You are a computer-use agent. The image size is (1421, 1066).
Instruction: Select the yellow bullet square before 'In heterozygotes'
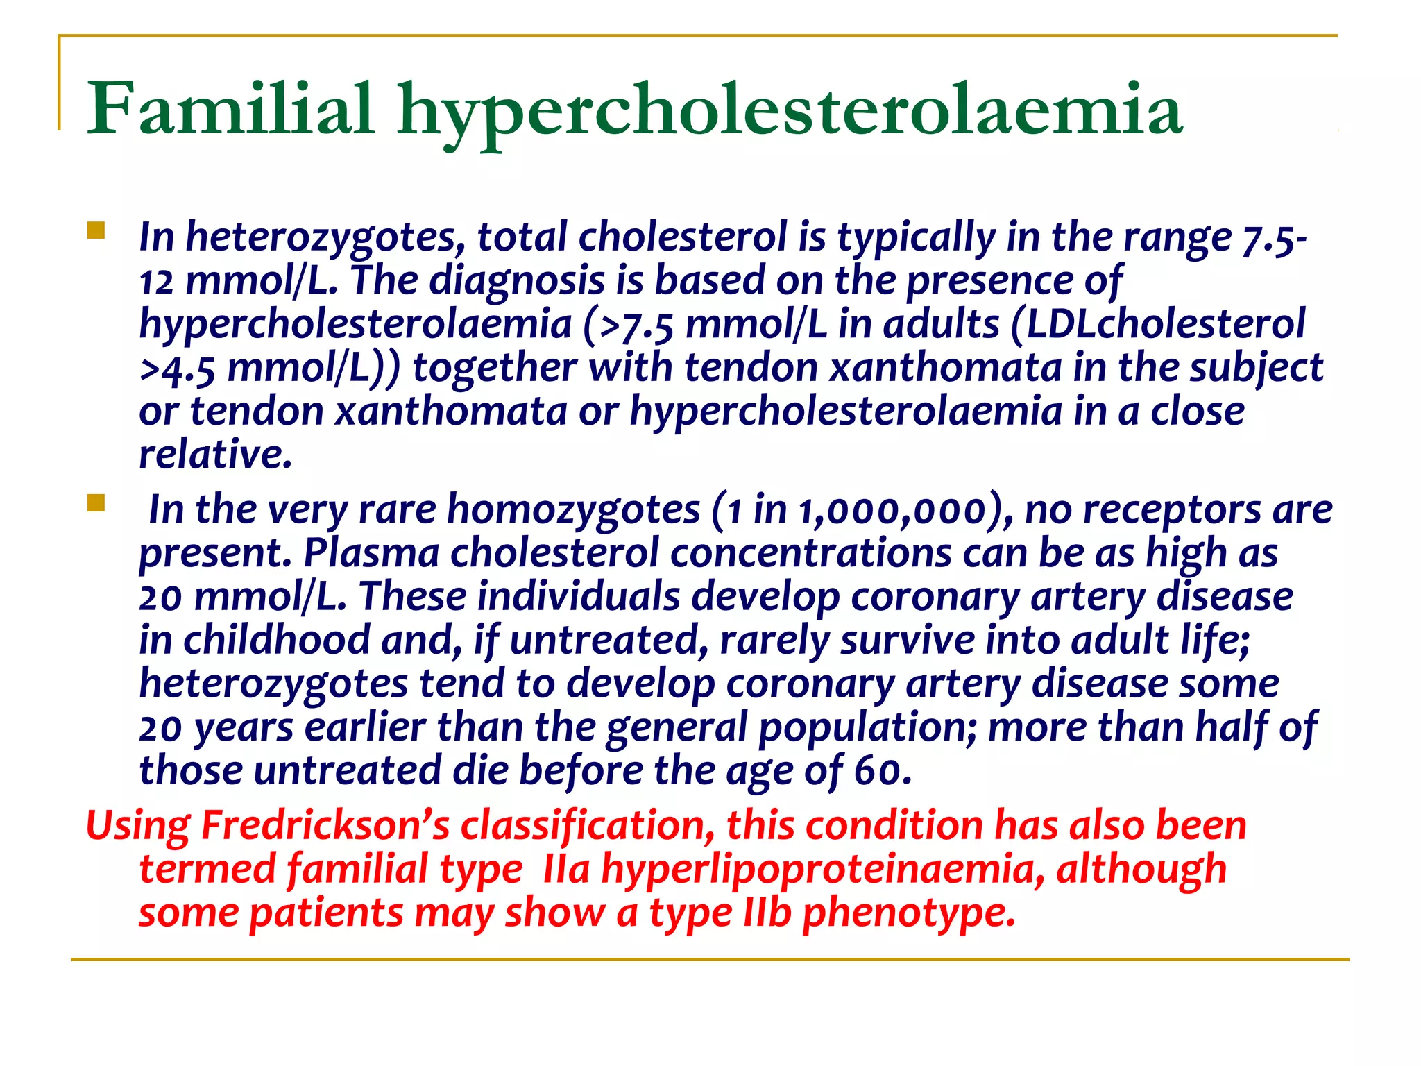pos(96,230)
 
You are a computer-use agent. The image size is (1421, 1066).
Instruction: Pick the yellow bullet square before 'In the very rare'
pos(96,502)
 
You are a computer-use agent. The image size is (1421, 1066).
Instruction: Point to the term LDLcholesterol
pos(1166,324)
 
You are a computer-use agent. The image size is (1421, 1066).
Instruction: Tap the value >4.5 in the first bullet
pos(178,369)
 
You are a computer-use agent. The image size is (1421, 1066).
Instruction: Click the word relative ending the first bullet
pos(215,455)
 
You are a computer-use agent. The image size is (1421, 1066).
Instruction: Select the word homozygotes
pos(573,509)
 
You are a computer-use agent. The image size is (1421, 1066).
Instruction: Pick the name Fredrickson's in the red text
pos(325,826)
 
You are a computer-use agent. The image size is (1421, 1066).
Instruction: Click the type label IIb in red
pos(767,913)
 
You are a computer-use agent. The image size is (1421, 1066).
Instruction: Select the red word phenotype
pos(908,914)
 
